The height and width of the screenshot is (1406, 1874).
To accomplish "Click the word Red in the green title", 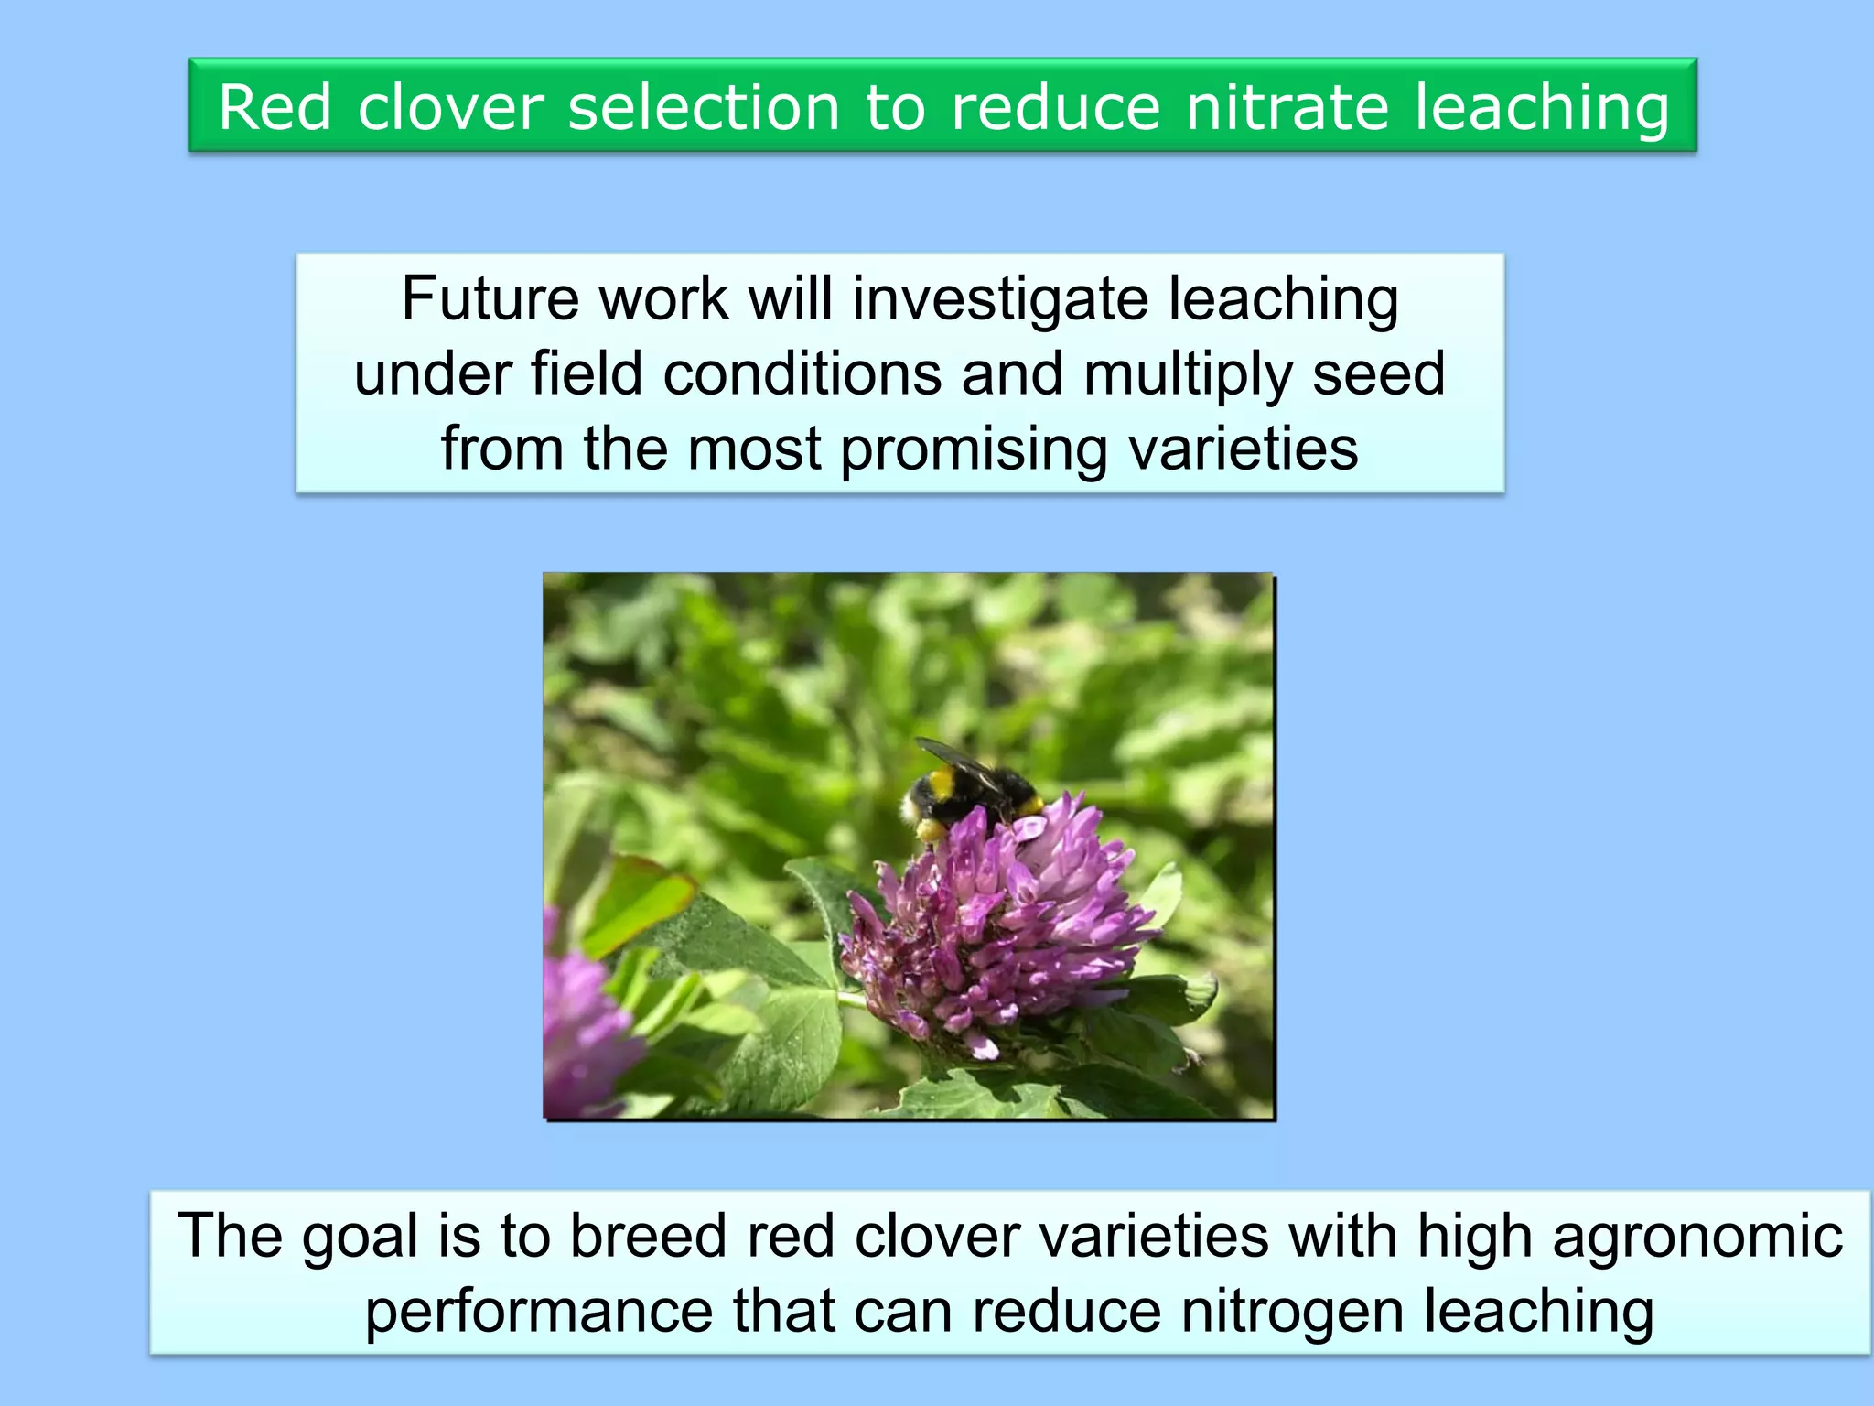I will [275, 108].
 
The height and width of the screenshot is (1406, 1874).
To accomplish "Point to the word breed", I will [649, 1237].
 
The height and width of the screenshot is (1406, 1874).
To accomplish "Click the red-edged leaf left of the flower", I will [641, 902].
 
